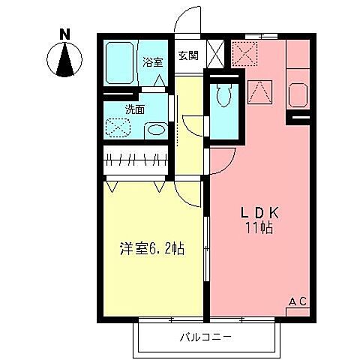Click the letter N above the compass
(66, 34)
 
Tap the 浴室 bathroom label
(152, 61)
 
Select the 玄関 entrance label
(187, 56)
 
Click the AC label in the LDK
(298, 301)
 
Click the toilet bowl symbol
(223, 97)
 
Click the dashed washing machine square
(118, 129)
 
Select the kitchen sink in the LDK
(297, 96)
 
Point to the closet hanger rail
(136, 158)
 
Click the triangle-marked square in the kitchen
(259, 91)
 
